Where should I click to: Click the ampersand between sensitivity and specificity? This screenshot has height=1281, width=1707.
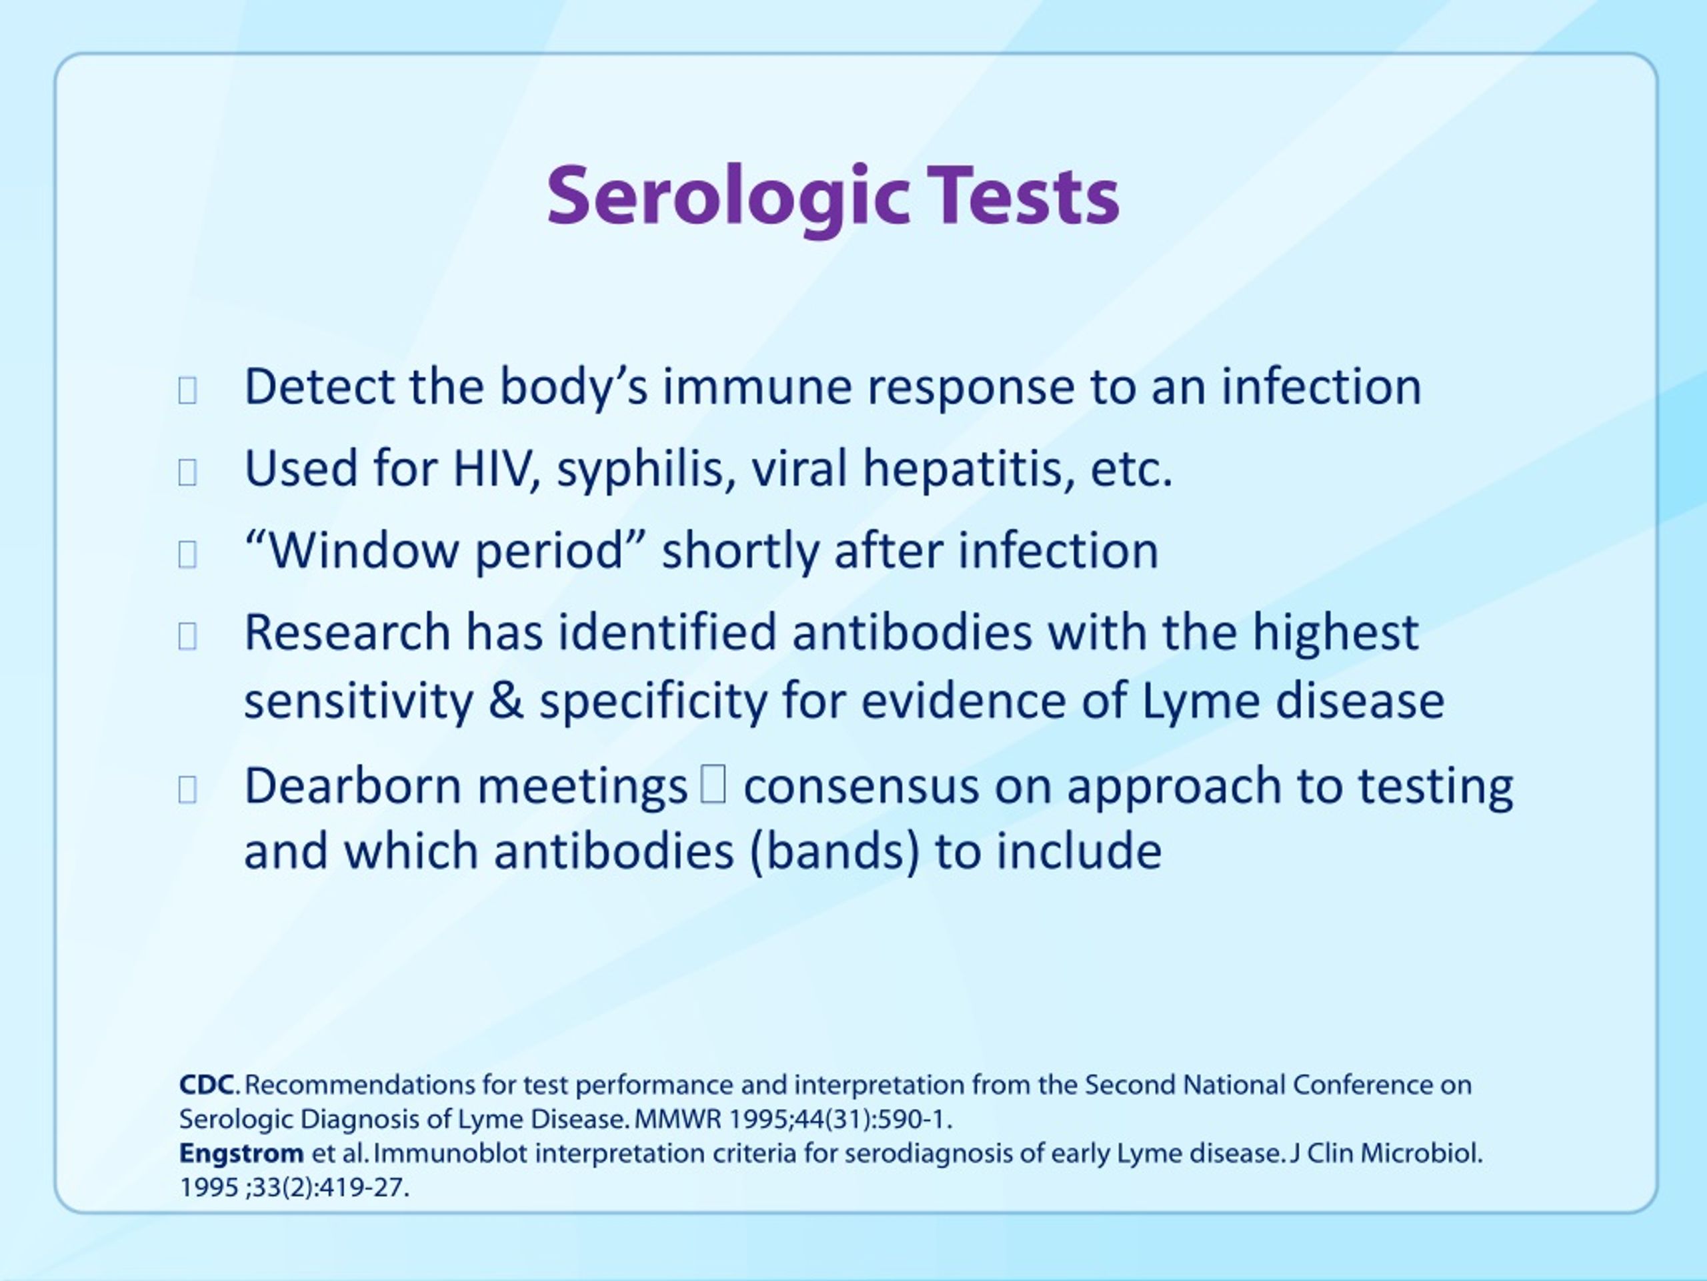[x=505, y=701]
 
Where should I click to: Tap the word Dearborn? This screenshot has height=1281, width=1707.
[x=353, y=786]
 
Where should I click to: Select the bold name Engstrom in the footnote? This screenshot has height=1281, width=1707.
[x=241, y=1154]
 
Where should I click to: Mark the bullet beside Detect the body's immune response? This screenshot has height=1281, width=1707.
[x=187, y=391]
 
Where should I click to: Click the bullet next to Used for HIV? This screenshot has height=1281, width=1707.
[x=187, y=472]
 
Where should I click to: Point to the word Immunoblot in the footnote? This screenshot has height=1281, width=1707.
[x=451, y=1154]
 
